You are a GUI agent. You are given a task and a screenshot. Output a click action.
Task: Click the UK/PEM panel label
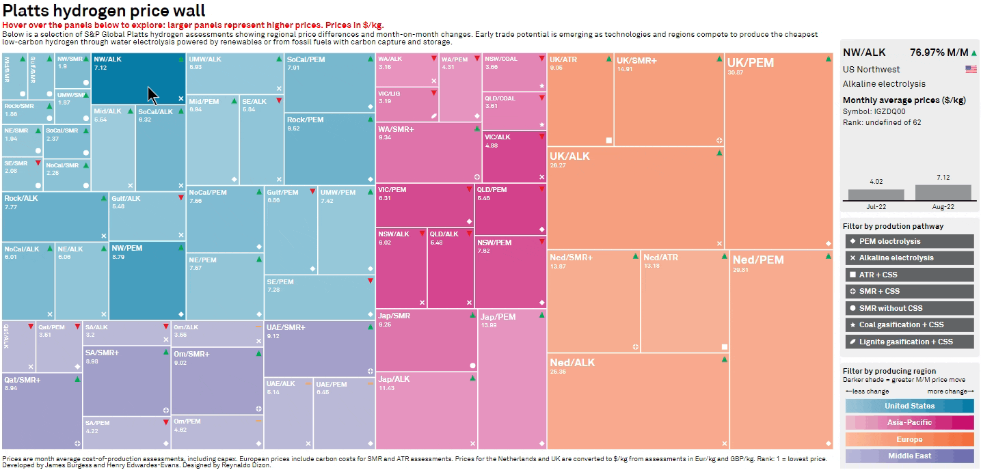click(x=751, y=63)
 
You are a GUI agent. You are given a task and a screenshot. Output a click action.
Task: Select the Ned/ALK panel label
click(x=572, y=362)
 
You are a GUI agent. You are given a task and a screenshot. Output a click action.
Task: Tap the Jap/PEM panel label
click(x=498, y=317)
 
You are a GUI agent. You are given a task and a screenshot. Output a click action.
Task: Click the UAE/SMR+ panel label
click(x=286, y=328)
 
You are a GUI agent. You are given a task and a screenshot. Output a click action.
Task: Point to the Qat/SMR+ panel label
click(x=22, y=379)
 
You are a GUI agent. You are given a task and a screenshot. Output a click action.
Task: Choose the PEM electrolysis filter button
click(x=909, y=241)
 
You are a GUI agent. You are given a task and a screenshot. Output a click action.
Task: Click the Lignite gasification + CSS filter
click(x=909, y=342)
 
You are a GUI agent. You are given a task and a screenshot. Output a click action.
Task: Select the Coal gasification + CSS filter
click(x=909, y=324)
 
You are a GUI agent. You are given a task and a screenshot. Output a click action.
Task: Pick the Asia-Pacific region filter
click(x=909, y=423)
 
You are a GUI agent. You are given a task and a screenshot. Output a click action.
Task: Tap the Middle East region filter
click(x=909, y=456)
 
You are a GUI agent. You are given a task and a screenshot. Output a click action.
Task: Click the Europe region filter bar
click(x=909, y=439)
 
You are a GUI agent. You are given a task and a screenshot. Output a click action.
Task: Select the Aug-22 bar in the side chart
click(x=943, y=192)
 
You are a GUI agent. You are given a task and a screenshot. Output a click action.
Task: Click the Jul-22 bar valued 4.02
click(x=876, y=195)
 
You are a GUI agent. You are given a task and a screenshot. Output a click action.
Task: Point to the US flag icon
click(x=971, y=70)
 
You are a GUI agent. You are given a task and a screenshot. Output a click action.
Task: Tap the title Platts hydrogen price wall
click(x=104, y=11)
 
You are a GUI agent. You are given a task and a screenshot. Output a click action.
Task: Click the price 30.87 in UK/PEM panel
click(x=736, y=72)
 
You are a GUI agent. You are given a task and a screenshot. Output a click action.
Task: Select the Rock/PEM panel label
click(x=305, y=120)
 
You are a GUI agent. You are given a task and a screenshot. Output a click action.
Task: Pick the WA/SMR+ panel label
click(x=396, y=128)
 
